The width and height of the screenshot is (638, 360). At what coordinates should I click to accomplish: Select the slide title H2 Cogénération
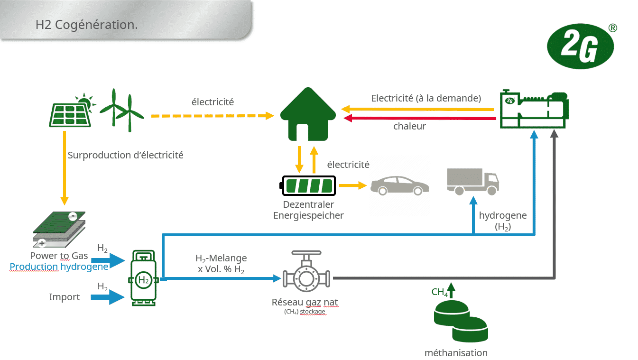[86, 25]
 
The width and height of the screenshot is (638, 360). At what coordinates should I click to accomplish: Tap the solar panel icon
[70, 112]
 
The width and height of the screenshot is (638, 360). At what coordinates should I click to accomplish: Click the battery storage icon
[309, 185]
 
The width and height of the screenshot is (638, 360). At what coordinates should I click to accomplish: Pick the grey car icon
[399, 185]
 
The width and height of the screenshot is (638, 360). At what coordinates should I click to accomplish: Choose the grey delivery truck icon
[472, 182]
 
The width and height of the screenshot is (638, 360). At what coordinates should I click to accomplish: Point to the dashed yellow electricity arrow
[213, 115]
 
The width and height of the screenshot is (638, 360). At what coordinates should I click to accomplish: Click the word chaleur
[409, 127]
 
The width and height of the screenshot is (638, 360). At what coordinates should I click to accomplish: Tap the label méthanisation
[456, 353]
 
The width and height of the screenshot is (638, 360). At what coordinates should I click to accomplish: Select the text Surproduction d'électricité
[125, 155]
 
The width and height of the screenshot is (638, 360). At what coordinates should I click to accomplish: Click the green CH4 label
[439, 292]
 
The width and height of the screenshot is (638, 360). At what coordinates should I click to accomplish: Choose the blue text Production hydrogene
[59, 267]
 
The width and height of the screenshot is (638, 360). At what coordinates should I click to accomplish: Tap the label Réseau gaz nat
[305, 302]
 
